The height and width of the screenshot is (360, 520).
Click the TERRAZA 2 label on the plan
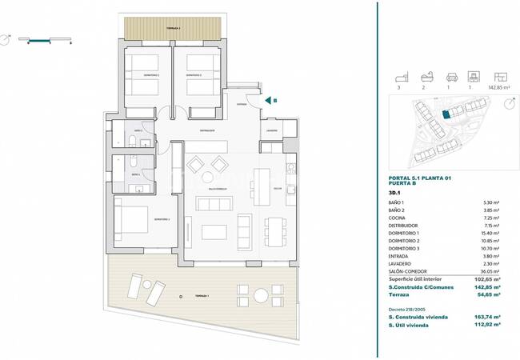tap(174, 28)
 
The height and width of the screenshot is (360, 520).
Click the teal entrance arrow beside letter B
tap(266, 101)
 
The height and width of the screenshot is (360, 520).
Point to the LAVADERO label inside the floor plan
tap(272, 130)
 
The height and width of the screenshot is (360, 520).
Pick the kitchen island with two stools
tap(261, 186)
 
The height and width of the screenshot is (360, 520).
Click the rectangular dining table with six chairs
tap(276, 231)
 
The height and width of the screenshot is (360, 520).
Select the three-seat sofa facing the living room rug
tap(214, 203)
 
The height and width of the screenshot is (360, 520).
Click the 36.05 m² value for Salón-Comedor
tap(490, 270)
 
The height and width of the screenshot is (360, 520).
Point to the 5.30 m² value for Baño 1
tap(491, 203)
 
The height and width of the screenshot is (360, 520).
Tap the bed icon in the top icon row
tap(398, 78)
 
